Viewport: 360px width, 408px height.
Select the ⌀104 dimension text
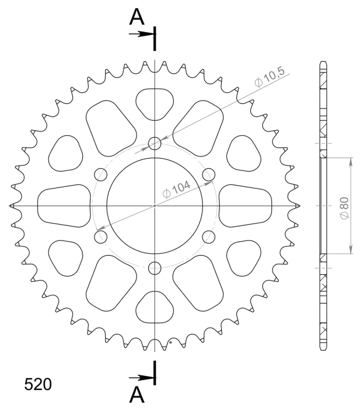[176, 189]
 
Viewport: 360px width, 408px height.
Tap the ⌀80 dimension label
[345, 208]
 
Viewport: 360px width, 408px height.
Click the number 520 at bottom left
[38, 384]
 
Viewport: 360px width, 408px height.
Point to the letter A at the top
[137, 17]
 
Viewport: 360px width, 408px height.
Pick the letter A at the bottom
[137, 394]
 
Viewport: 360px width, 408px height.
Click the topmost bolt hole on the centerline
[155, 144]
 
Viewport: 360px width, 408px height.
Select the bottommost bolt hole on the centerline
[155, 268]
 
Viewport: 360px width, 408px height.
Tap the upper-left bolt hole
[101, 175]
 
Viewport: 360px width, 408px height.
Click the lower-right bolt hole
[209, 237]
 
